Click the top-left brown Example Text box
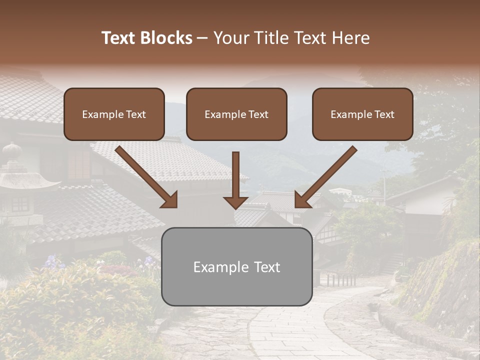[114, 114]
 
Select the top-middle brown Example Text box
[236, 114]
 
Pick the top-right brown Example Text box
[362, 114]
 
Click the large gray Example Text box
[236, 266]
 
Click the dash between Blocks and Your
[203, 38]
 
